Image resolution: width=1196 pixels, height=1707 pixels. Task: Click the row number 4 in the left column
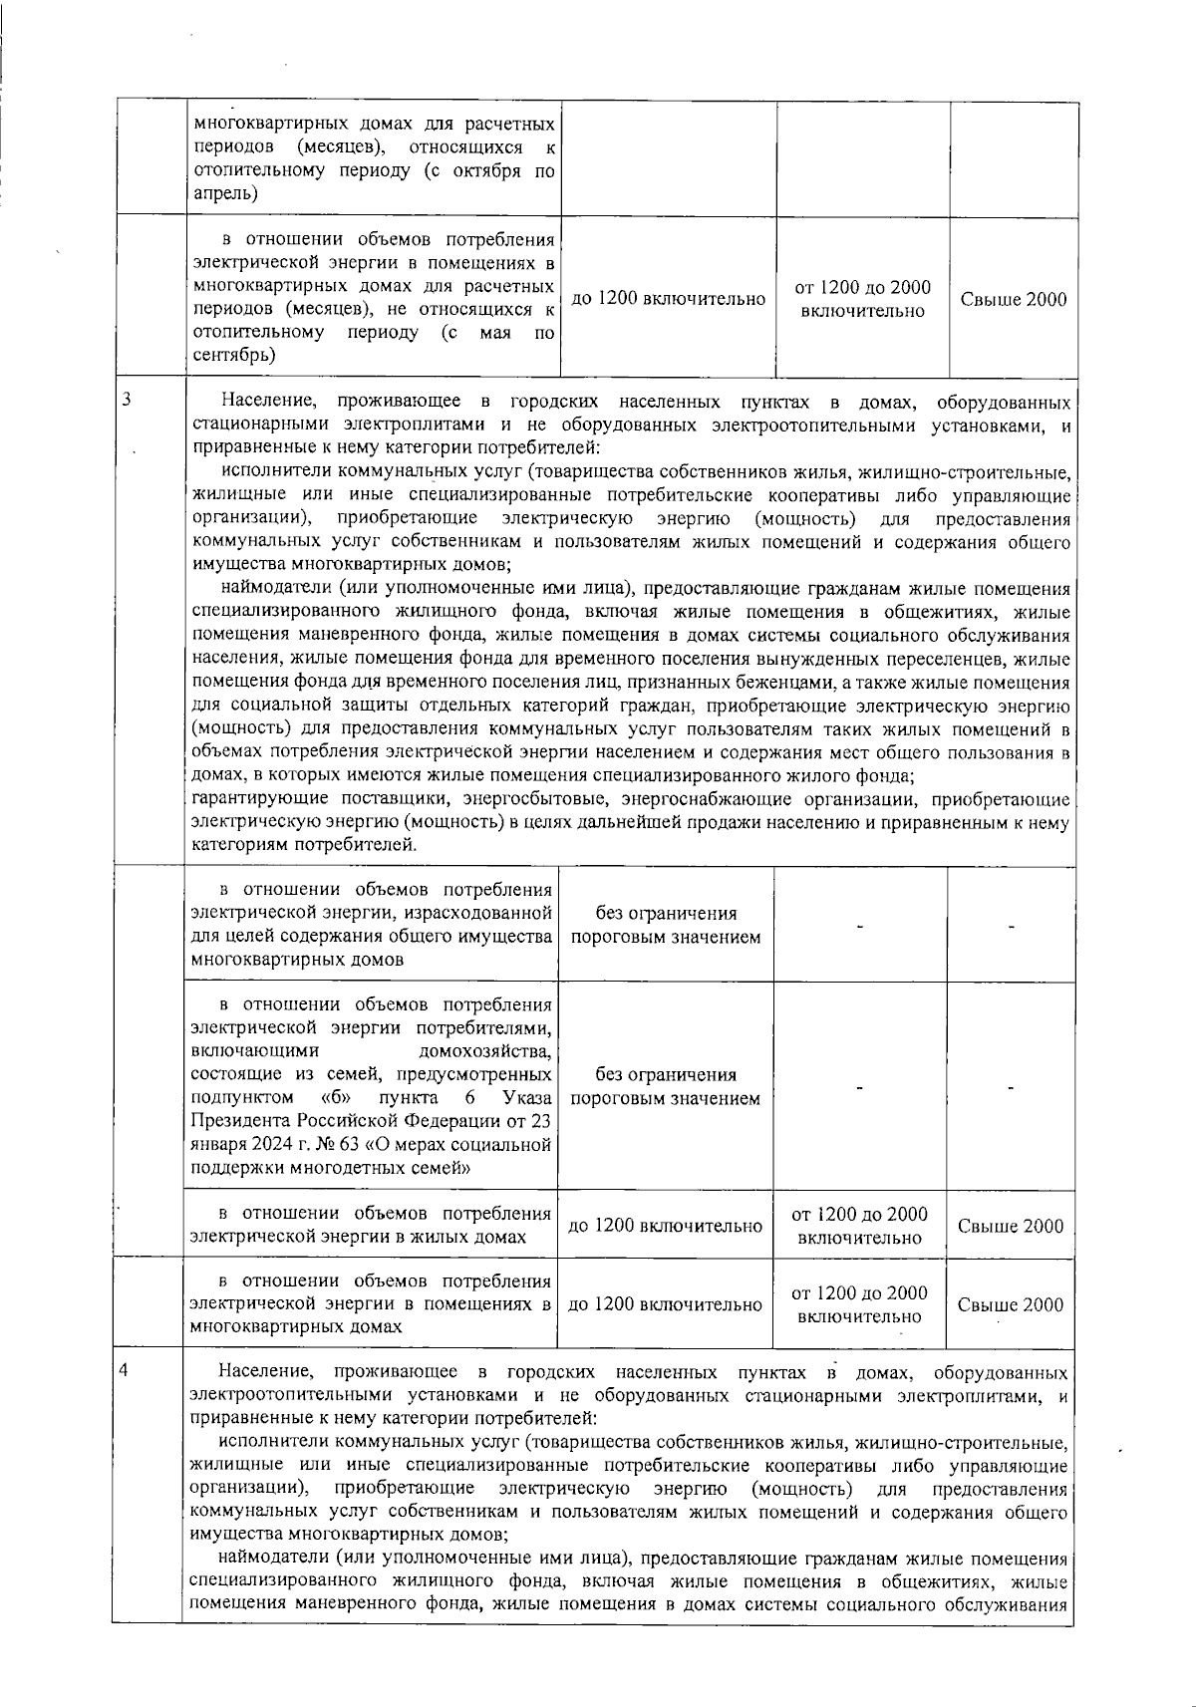coord(124,1369)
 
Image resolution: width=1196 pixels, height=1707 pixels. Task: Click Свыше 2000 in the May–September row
coord(1013,300)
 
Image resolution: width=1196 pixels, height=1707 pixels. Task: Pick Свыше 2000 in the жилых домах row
coord(1010,1227)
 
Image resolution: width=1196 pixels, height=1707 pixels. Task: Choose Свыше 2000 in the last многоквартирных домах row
coord(1010,1304)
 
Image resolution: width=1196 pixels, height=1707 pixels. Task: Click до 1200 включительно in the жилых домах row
coord(665,1227)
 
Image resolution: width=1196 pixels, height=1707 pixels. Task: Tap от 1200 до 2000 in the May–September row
coord(862,288)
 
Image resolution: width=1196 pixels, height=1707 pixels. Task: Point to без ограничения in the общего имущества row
coord(666,914)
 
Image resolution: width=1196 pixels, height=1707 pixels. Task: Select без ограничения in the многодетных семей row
coord(666,1075)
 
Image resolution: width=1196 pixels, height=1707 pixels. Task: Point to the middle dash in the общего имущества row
coord(859,926)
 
